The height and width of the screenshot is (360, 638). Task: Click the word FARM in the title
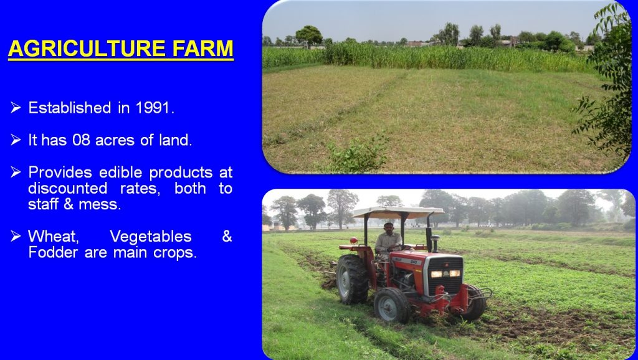click(202, 49)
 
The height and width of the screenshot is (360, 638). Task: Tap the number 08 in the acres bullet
click(82, 140)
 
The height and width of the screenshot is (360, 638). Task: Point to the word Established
click(70, 108)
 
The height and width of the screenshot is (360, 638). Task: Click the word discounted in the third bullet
click(67, 188)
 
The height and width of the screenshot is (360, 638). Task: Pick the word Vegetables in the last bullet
click(151, 236)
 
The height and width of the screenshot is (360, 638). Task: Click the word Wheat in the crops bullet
click(54, 236)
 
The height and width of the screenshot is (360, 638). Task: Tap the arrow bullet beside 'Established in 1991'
click(16, 107)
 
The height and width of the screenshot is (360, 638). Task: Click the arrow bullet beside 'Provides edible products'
click(16, 172)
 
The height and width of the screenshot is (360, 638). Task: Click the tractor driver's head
click(389, 227)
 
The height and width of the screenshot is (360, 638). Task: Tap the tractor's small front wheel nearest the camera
click(392, 305)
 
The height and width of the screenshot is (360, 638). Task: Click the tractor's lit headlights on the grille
click(445, 273)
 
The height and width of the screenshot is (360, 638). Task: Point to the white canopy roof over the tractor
click(399, 212)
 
